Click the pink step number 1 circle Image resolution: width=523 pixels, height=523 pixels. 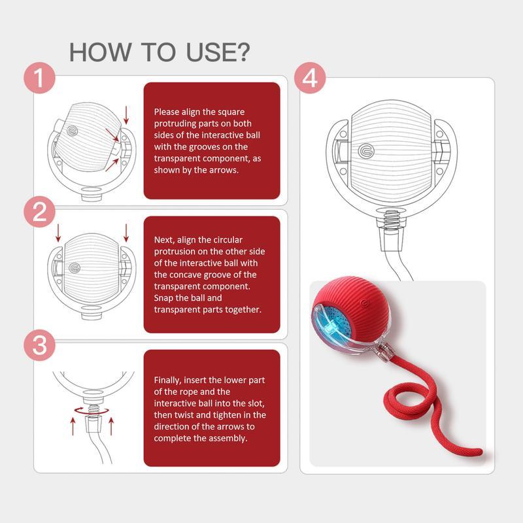click(40, 79)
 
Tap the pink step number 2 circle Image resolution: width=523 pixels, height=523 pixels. click(40, 212)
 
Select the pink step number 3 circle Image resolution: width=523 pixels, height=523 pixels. click(40, 345)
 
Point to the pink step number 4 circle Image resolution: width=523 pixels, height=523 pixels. click(309, 79)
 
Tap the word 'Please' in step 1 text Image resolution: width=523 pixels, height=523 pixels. click(166, 112)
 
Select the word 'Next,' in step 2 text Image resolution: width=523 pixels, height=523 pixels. click(165, 240)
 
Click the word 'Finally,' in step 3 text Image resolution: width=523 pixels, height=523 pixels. click(168, 380)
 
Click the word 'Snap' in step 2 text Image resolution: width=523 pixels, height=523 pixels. click(165, 298)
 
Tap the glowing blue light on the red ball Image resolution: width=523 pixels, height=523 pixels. click(333, 320)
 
